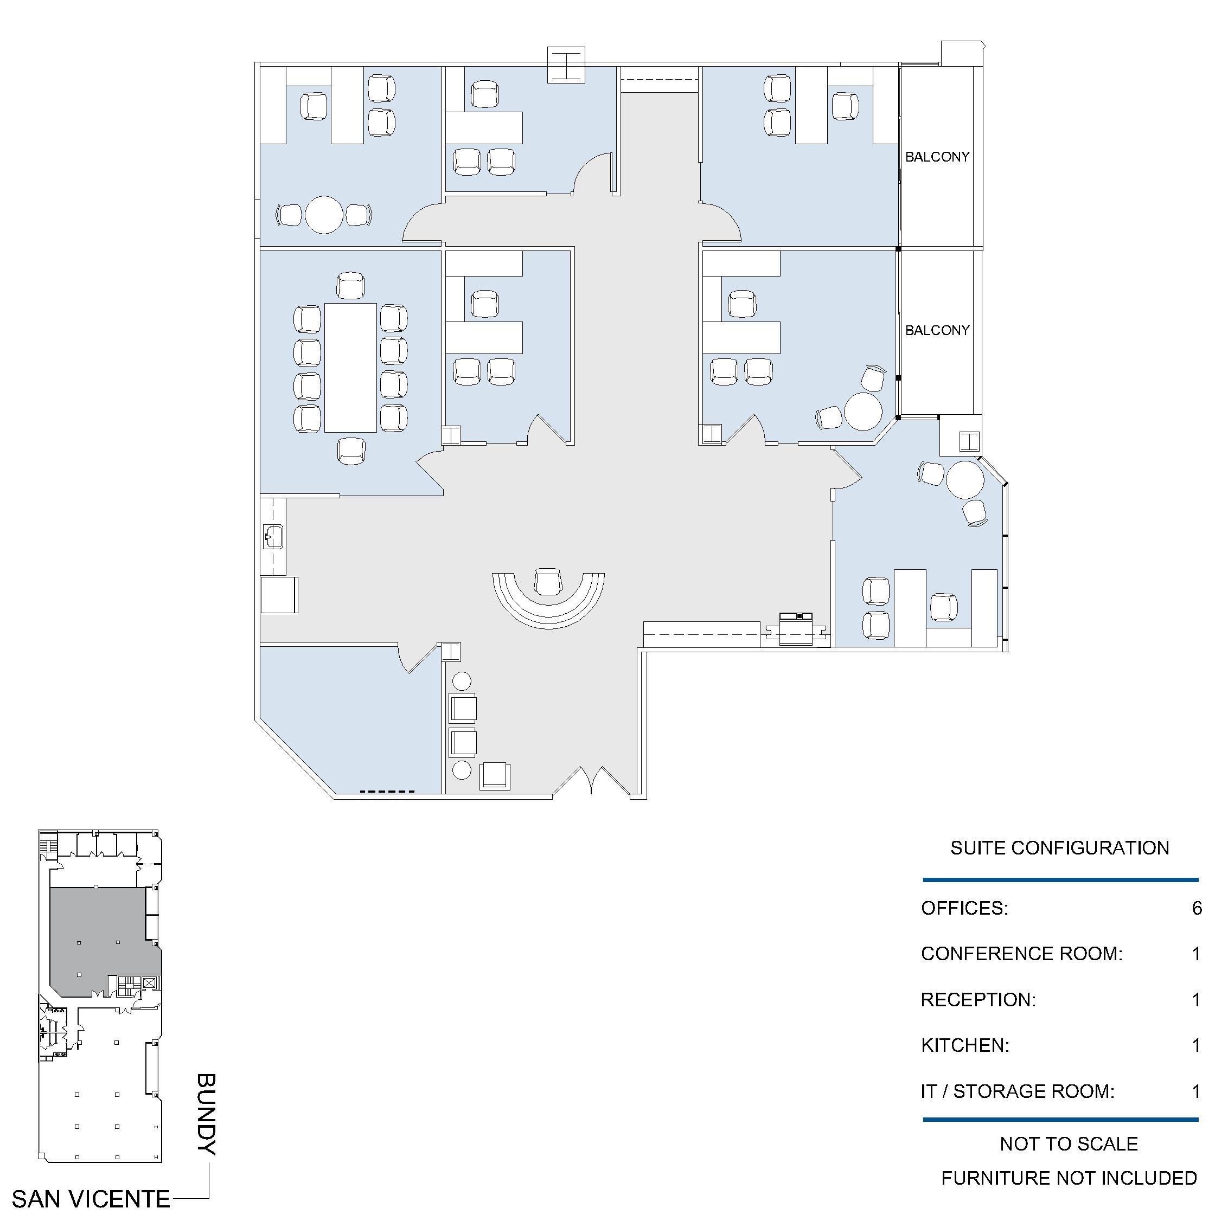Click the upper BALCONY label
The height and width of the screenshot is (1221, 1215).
tap(937, 157)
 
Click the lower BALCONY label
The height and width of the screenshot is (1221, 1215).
tap(937, 330)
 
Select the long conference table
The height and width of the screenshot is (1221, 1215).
tap(350, 368)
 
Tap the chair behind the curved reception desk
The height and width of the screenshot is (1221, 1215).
tap(548, 581)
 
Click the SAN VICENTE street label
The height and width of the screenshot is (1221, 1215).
tap(91, 1199)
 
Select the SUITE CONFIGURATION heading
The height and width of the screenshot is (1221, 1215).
tap(1059, 847)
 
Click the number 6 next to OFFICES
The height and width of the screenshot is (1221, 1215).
tap(1196, 908)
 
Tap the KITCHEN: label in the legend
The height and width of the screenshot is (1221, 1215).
tap(964, 1045)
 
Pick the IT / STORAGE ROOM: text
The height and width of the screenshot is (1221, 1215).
tap(1017, 1091)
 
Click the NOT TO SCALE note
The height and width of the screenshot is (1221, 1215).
tap(1069, 1144)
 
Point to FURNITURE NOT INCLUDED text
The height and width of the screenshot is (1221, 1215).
tap(1069, 1178)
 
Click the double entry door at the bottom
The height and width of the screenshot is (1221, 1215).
tap(592, 781)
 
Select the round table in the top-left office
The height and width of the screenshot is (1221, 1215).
tap(324, 215)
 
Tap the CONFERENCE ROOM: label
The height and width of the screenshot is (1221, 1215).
tap(1021, 954)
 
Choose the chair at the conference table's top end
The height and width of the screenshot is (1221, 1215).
tap(351, 286)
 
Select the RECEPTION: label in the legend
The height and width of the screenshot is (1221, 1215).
tap(978, 1000)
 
